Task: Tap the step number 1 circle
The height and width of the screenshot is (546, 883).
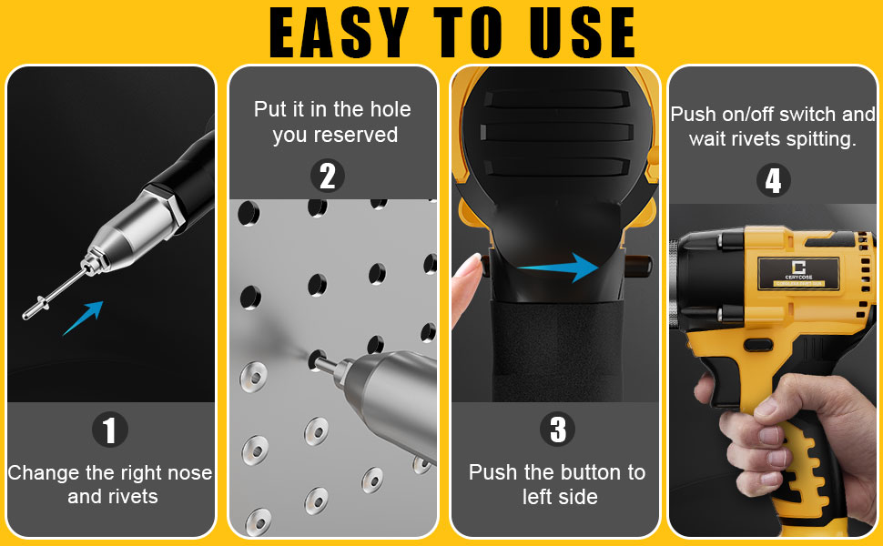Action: point(110,430)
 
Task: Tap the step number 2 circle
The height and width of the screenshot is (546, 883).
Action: point(328,176)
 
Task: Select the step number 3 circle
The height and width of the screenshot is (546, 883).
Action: point(557,430)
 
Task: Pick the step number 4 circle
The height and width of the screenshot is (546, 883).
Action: point(773,180)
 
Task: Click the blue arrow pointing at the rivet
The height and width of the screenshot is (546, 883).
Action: point(83,318)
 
